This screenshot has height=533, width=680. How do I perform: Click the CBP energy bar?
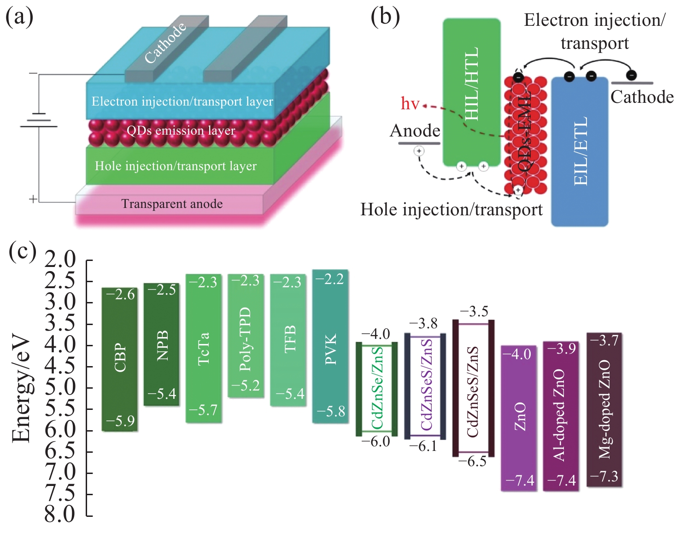click(x=119, y=359)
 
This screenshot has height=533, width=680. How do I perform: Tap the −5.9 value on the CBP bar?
click(x=120, y=421)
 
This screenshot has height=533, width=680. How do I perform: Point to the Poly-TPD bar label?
click(x=245, y=339)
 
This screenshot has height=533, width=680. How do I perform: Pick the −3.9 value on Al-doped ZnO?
click(x=562, y=349)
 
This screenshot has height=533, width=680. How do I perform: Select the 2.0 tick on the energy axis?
click(x=60, y=260)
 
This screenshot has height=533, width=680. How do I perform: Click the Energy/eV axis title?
click(x=21, y=390)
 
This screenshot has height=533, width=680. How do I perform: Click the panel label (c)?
click(x=23, y=252)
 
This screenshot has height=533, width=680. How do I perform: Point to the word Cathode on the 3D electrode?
click(x=165, y=42)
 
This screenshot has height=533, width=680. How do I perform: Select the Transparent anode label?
click(x=172, y=204)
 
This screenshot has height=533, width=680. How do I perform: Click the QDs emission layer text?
click(x=181, y=130)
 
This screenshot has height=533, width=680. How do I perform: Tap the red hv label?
click(x=410, y=103)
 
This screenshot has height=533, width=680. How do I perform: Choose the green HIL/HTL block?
click(x=471, y=92)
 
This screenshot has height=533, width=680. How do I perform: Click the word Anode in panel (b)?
click(x=415, y=131)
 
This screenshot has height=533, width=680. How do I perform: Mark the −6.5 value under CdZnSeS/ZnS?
click(x=472, y=461)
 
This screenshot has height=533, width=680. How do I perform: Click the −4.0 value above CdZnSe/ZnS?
click(x=375, y=334)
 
